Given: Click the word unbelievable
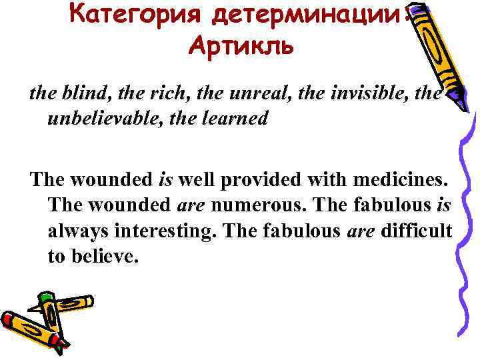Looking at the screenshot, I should coord(111,119).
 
